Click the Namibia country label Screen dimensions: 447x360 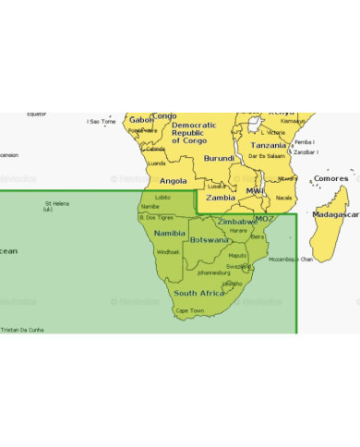169,233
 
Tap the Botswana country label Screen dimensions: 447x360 210,239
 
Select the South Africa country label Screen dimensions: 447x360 198,293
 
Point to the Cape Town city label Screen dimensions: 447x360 189,310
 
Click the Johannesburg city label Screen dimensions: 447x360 213,272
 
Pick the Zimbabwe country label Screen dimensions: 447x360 237,222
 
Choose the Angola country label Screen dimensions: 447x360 174,181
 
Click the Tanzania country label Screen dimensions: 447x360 269,145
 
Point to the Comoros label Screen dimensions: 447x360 331,178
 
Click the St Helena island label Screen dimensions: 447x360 57,205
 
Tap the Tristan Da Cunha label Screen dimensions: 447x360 22,329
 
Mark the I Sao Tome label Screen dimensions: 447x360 101,121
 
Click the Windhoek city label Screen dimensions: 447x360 168,251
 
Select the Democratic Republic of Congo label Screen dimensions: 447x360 194,132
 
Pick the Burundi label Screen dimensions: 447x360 219,158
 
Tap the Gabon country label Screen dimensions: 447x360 141,119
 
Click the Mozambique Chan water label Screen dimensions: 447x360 290,260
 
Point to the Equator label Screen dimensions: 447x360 36,114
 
